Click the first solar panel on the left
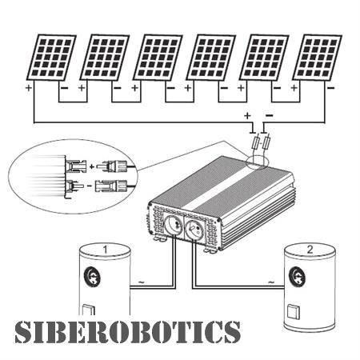coord(51,58)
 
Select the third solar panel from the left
coord(158,58)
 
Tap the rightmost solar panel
coord(318,58)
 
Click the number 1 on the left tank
coord(105,250)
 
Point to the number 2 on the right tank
coord(310,250)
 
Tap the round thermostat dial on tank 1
coord(93,277)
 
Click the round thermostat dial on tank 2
coord(298,277)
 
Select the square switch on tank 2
coord(294,312)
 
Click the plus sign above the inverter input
coord(247,115)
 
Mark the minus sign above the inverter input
coord(270,115)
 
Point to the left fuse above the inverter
coord(257,142)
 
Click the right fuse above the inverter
coord(267,142)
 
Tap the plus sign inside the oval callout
coord(92,167)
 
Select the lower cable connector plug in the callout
coord(111,186)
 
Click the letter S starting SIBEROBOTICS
coord(23,332)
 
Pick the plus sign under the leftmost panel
coord(28,87)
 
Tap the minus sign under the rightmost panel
coord(330,87)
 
